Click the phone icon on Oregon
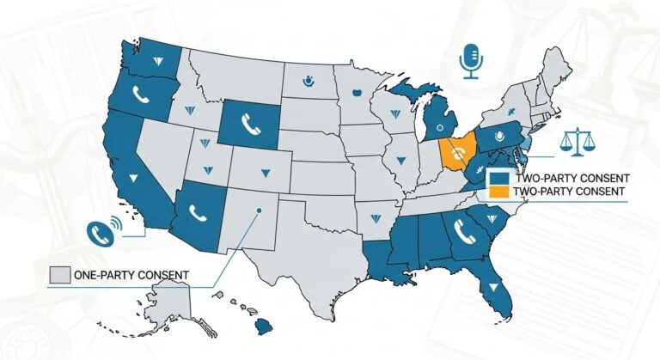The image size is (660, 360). pos(141,95)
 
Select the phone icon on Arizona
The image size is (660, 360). pos(197,210)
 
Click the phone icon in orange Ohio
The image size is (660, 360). pos(458,152)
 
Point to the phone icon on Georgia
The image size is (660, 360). pos(467,229)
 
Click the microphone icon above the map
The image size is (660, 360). pos(469,59)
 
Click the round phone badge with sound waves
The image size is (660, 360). pos(101,230)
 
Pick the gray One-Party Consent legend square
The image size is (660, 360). pos(59,275)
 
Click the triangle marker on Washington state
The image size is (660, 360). pos(159,59)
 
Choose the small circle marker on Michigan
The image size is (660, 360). pos(440,125)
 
